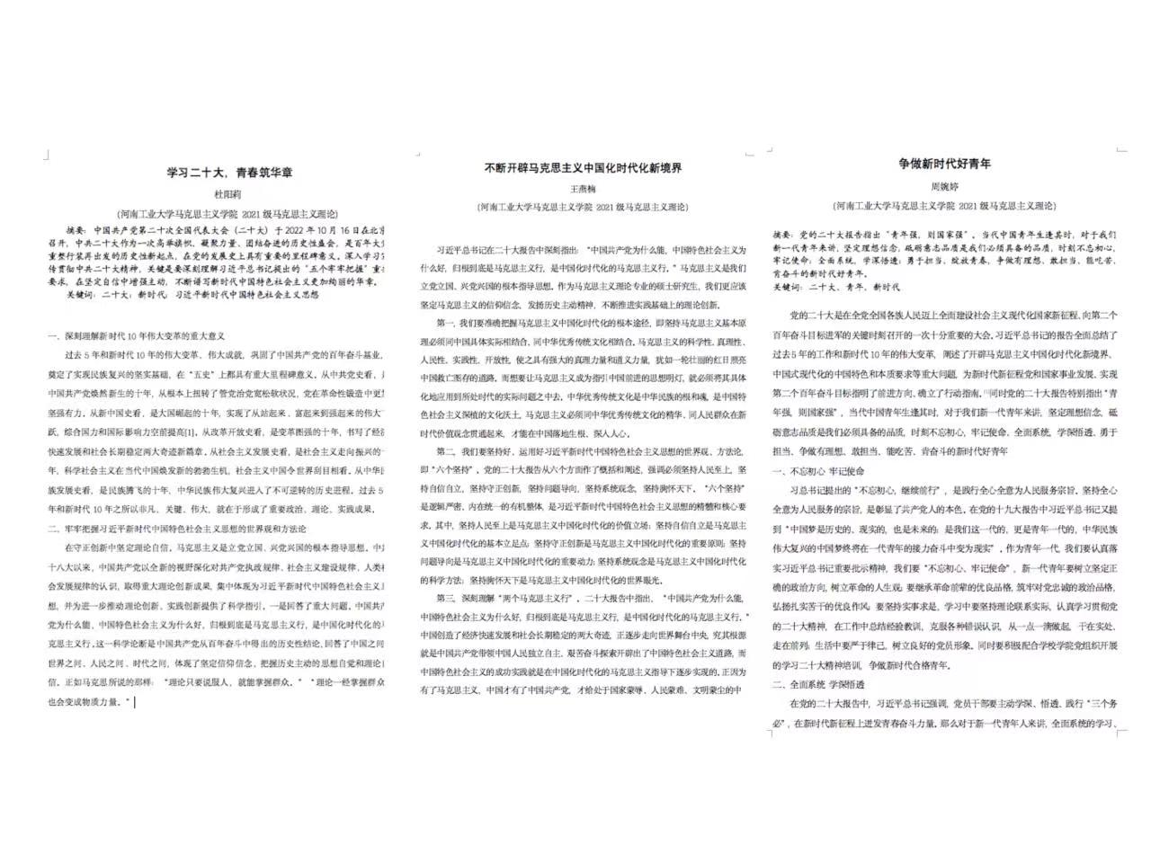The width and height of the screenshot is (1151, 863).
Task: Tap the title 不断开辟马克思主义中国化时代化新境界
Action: tap(583, 168)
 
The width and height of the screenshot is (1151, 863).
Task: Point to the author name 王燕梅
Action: tap(584, 190)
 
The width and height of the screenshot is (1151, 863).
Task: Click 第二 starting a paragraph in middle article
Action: tap(446, 450)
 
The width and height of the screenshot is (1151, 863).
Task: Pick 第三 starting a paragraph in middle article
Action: tap(446, 597)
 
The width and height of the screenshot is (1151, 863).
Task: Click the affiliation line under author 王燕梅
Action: tap(583, 207)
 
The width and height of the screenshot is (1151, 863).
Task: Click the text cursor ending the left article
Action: tap(135, 702)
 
